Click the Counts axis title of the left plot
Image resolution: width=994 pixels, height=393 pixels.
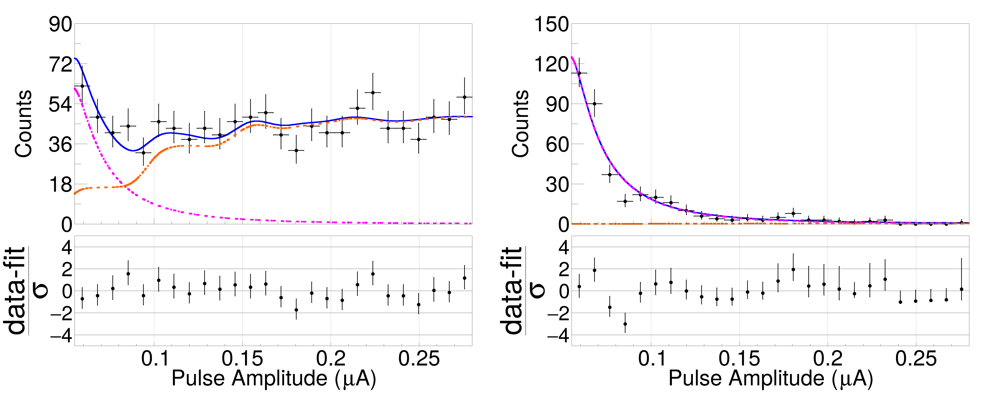tap(23, 123)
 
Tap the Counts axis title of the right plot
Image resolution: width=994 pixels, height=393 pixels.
tap(520, 123)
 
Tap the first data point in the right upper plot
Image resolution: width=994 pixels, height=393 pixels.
tap(579, 73)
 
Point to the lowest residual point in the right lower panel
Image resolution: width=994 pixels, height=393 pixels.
tap(625, 324)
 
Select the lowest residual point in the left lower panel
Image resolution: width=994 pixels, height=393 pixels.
tap(296, 310)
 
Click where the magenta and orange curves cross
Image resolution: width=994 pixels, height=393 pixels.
tap(125, 186)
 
